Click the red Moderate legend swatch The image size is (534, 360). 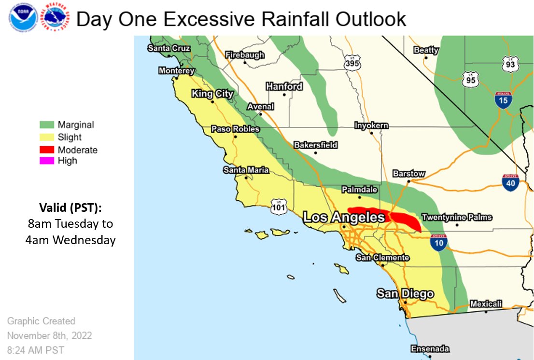click(x=47, y=150)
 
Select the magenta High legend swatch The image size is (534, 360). click(x=47, y=161)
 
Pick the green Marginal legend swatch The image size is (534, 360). click(x=47, y=125)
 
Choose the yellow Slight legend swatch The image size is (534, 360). click(x=47, y=138)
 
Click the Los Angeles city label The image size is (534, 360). click(x=343, y=218)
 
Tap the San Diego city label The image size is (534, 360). click(x=405, y=293)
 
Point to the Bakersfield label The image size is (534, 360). click(x=316, y=145)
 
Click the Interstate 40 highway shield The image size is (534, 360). click(x=510, y=183)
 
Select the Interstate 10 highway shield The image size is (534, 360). click(x=438, y=242)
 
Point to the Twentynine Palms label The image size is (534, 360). click(x=457, y=217)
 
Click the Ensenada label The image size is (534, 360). click(x=430, y=349)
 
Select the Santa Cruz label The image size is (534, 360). click(x=169, y=48)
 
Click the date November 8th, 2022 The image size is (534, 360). click(x=49, y=335)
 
